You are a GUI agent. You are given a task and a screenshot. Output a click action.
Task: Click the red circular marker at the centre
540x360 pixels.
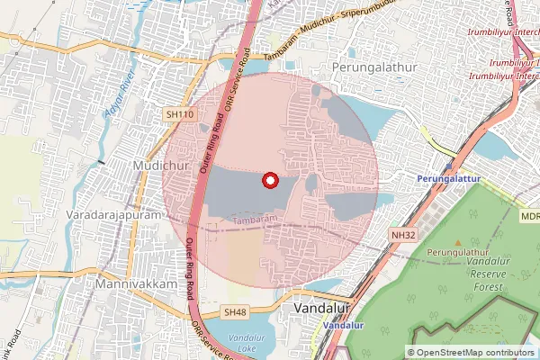pyautogui.click(x=269, y=181)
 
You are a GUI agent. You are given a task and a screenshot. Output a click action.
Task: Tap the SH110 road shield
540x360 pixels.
pyautogui.click(x=179, y=114)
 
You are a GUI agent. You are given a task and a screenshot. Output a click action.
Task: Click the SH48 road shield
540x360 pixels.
pyautogui.click(x=235, y=311)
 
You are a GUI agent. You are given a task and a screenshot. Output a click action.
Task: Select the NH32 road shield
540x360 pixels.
pyautogui.click(x=402, y=235)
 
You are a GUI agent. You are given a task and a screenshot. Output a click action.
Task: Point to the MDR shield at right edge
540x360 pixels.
pyautogui.click(x=529, y=216)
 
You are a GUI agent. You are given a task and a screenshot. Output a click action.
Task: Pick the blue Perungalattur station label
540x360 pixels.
pyautogui.click(x=446, y=179)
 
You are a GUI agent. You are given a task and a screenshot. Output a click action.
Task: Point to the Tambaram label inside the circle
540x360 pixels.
pyautogui.click(x=254, y=218)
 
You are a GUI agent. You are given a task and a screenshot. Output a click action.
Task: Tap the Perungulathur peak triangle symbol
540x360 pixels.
pyautogui.click(x=458, y=243)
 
